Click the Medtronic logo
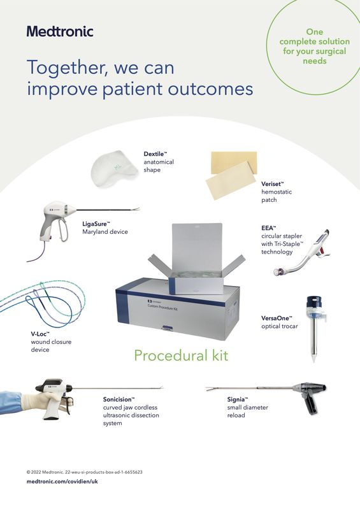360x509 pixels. click(x=60, y=31)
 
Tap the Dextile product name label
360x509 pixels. click(x=155, y=154)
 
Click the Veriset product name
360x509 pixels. click(x=272, y=184)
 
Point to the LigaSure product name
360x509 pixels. click(x=96, y=224)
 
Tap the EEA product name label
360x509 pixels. click(x=268, y=228)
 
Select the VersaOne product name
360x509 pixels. click(x=277, y=319)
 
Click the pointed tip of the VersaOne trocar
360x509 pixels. click(x=313, y=361)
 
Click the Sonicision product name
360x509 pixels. click(x=119, y=399)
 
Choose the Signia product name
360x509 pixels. click(x=237, y=399)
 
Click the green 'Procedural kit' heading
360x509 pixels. click(x=181, y=355)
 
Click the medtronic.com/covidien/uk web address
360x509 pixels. click(x=62, y=482)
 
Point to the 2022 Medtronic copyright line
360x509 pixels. click(x=84, y=472)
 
